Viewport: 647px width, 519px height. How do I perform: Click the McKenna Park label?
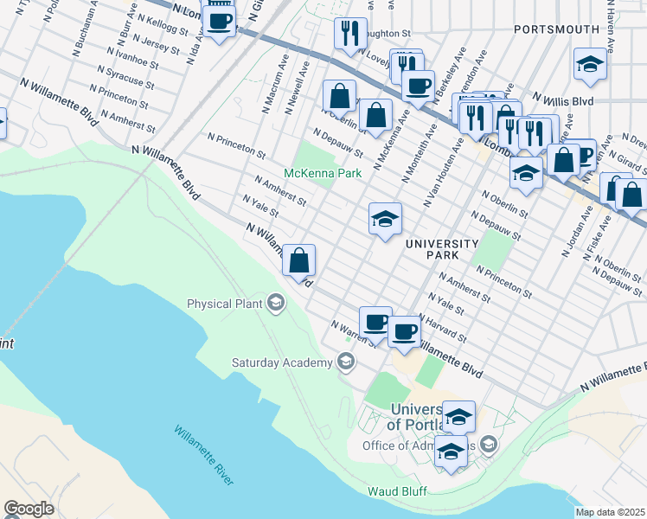click(324, 174)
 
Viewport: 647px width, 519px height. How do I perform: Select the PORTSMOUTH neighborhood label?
click(556, 29)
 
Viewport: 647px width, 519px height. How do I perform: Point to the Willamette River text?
click(204, 454)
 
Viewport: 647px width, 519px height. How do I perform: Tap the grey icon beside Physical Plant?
click(275, 303)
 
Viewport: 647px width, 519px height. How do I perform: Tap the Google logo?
click(29, 509)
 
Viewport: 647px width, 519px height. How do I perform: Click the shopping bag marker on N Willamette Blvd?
click(298, 260)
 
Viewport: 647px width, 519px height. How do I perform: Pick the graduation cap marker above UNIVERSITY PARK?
click(385, 218)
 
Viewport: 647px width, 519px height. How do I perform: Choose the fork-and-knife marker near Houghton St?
click(350, 34)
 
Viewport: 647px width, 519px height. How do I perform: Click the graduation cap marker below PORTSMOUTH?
click(590, 65)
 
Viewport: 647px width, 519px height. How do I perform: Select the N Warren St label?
click(355, 332)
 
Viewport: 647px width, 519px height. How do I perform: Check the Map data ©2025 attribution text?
click(611, 512)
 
